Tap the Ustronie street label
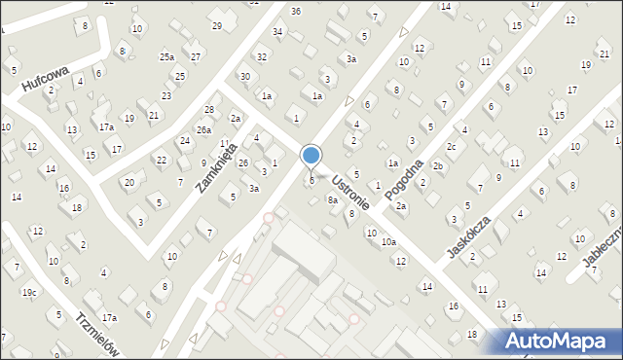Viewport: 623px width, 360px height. [348, 191]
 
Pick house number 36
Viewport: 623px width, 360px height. [296, 11]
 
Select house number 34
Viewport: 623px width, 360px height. [278, 32]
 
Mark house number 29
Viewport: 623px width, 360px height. [217, 25]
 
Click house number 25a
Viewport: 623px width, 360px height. [167, 57]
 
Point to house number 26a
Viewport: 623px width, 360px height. [203, 129]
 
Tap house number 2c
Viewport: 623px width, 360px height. [452, 147]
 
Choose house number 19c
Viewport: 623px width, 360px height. [29, 292]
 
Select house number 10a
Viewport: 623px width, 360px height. [388, 241]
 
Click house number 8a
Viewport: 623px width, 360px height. [333, 200]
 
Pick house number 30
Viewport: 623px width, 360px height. [245, 76]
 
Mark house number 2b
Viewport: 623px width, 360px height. [438, 166]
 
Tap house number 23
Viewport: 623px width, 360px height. [166, 95]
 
